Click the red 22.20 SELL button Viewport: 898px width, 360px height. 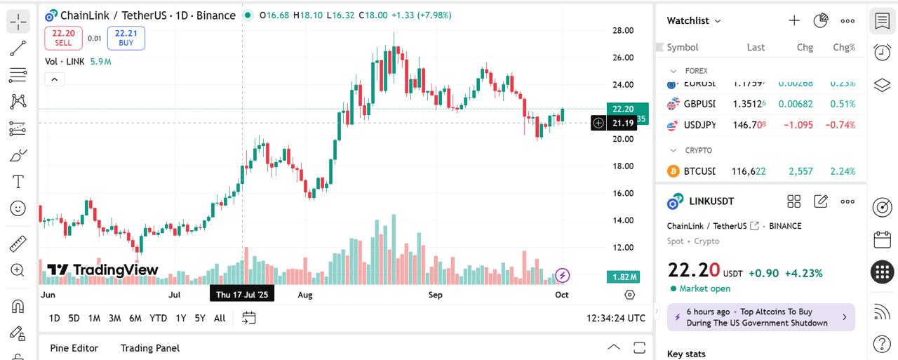coord(63,38)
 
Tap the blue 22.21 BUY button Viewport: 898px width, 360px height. coord(126,38)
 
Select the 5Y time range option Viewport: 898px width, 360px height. coord(200,319)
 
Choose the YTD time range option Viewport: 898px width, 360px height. coord(159,319)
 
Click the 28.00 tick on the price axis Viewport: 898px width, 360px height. coord(623,30)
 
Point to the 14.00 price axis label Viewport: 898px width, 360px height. coord(623,220)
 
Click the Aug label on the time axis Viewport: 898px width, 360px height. coord(305,295)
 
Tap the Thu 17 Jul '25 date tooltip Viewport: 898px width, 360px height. coord(242,295)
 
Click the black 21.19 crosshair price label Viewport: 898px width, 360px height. coord(623,124)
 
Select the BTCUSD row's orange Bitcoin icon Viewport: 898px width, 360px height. coord(673,171)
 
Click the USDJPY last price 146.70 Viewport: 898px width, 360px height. coord(749,125)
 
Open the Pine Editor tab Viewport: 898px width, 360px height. coord(74,348)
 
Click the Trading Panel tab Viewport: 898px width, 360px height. coord(150,348)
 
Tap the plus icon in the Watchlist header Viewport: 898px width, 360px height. coord(794,21)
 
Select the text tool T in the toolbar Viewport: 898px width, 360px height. coord(18,182)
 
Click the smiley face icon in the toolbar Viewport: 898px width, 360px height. coord(18,208)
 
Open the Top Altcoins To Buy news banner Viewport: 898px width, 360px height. coord(760,317)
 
